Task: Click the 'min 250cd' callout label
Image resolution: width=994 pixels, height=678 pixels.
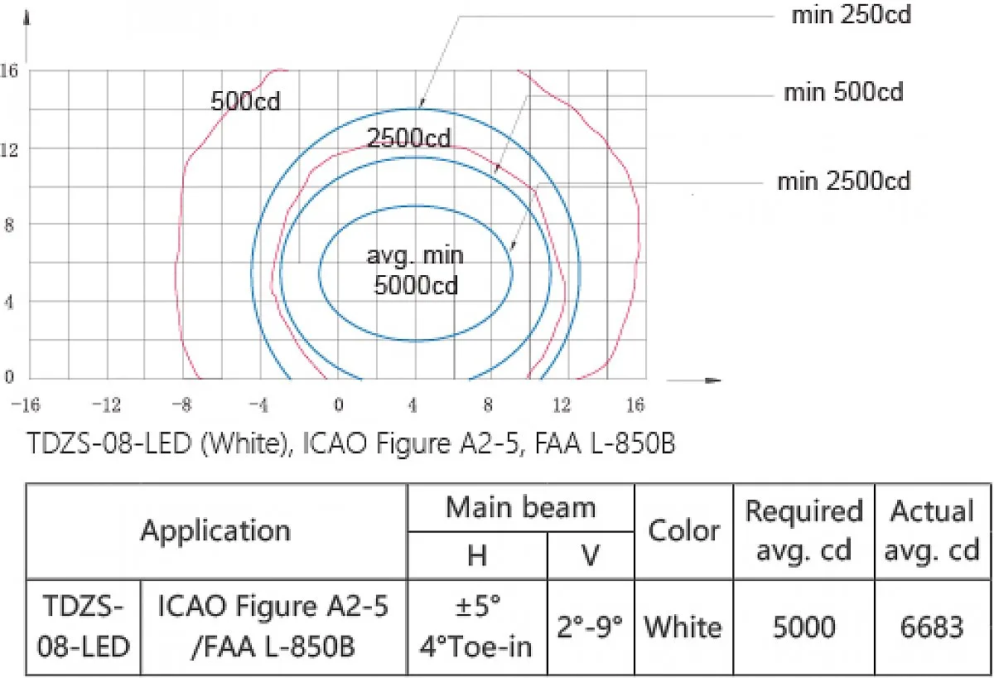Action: point(852,15)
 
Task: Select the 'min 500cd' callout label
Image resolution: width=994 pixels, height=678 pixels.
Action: point(843,92)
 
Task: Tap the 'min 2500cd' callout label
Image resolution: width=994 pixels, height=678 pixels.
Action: point(843,182)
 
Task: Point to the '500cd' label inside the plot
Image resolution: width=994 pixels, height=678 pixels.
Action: point(245,101)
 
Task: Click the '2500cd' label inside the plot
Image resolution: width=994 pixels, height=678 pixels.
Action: point(408,138)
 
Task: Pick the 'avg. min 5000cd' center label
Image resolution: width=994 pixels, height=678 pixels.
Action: point(416,270)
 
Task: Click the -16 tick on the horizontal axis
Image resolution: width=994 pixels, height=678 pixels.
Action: point(26,405)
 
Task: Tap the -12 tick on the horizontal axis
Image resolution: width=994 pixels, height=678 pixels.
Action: point(106,405)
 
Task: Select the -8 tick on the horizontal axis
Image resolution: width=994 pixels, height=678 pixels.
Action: point(182,405)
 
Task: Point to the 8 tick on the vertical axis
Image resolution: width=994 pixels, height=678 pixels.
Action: point(9,225)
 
